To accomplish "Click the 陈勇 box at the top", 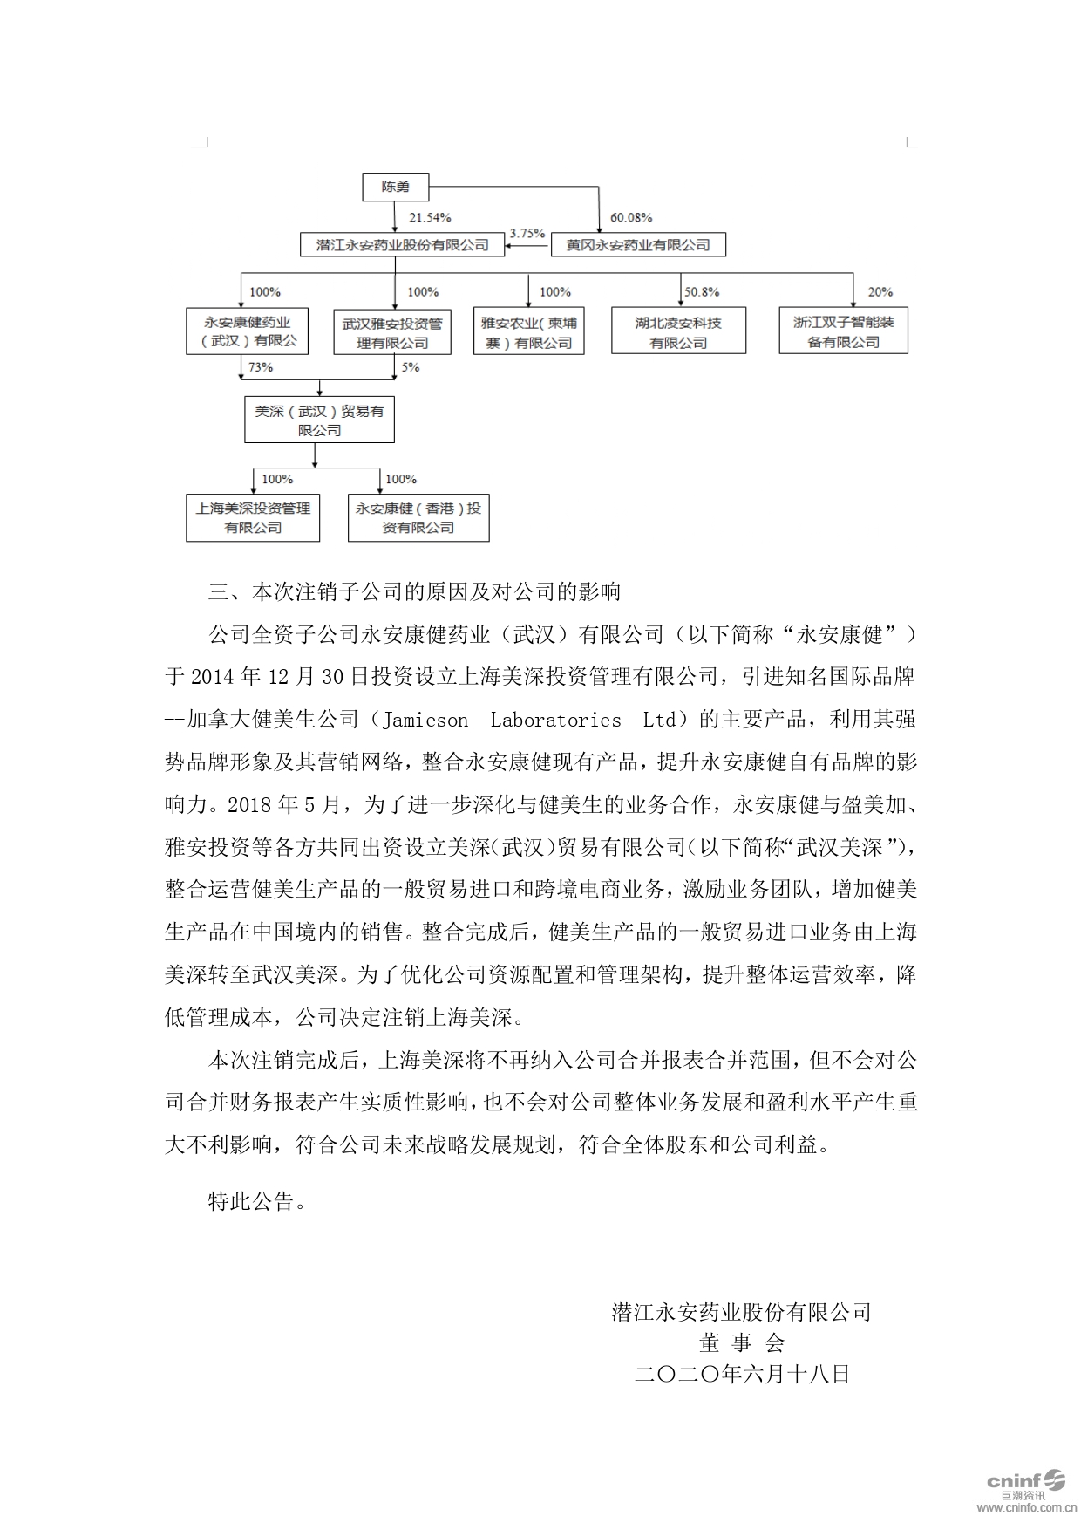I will click(x=396, y=187).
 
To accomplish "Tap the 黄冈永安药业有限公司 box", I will click(x=638, y=245).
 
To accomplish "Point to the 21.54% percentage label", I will click(x=430, y=218).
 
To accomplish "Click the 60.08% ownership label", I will click(x=631, y=218).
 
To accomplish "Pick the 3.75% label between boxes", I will click(x=527, y=233).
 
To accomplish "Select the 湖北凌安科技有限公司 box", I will click(x=678, y=331).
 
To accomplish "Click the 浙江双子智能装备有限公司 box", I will click(x=843, y=331).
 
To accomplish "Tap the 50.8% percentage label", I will click(x=702, y=292).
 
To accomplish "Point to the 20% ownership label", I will click(x=880, y=292).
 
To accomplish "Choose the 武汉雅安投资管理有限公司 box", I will click(x=392, y=332).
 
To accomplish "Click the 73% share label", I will click(x=261, y=367).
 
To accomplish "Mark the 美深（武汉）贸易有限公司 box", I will click(x=319, y=420).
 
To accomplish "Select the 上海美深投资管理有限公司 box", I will click(x=253, y=517).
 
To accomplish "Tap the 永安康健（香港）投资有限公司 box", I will click(x=418, y=517).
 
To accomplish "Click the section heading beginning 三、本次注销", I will click(x=414, y=592).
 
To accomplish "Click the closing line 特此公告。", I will click(x=257, y=1201).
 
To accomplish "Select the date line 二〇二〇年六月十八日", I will click(x=743, y=1375).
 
